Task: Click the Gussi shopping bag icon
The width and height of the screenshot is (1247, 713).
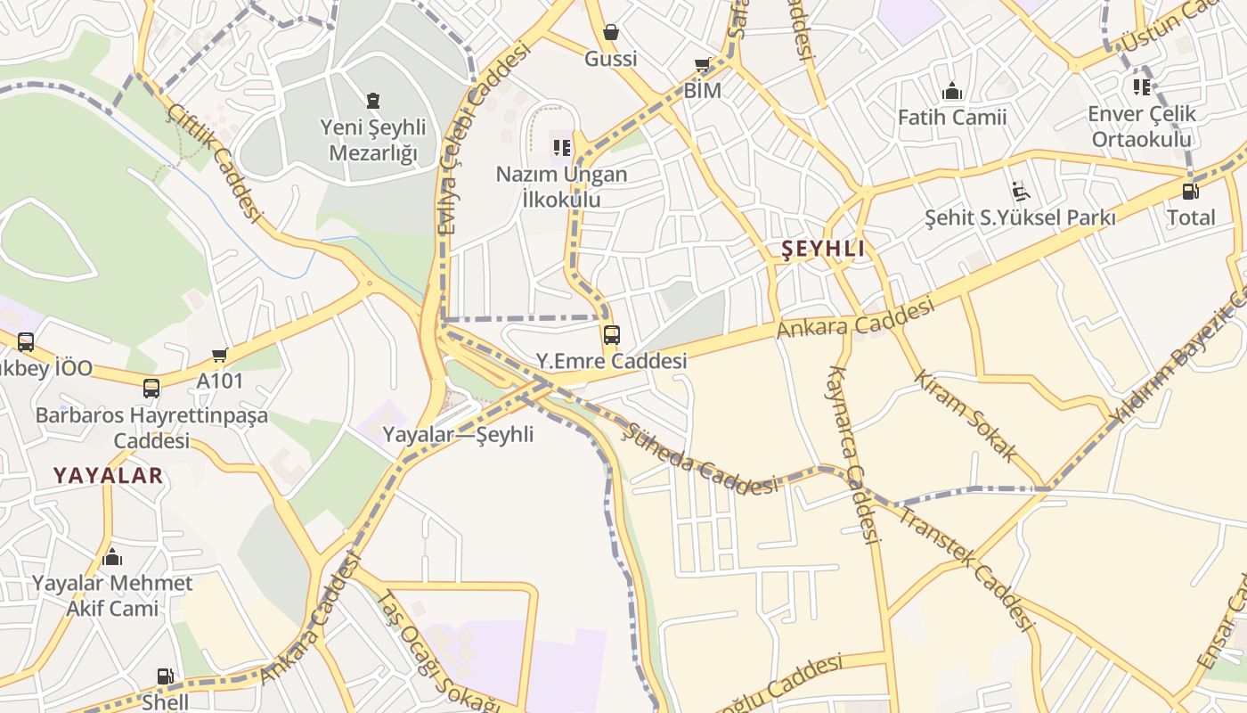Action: [x=611, y=33]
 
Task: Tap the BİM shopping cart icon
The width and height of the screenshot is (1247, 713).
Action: [x=702, y=65]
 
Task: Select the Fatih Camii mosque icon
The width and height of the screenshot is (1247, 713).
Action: [x=952, y=91]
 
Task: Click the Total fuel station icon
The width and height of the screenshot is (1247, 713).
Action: [x=1190, y=191]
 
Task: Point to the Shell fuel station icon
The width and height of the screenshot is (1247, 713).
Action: [x=165, y=676]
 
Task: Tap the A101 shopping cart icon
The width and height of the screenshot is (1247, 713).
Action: [x=219, y=356]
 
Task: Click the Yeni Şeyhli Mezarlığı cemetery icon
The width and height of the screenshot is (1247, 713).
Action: [x=372, y=101]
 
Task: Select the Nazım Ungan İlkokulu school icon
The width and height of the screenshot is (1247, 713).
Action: [x=561, y=147]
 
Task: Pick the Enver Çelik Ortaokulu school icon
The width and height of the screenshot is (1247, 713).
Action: [x=1142, y=87]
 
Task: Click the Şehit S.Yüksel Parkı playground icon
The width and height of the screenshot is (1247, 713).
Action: [x=1020, y=191]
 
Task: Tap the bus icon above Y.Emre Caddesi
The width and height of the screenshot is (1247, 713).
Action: [x=611, y=335]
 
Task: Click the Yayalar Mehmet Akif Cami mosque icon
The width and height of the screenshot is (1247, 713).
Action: [x=112, y=558]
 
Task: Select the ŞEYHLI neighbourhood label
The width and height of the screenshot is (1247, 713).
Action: [x=822, y=249]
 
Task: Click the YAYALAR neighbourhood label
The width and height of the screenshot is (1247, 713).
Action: [x=108, y=475]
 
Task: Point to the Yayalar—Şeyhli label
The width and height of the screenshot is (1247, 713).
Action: [x=458, y=434]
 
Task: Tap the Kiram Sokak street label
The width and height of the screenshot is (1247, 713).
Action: [x=966, y=415]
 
